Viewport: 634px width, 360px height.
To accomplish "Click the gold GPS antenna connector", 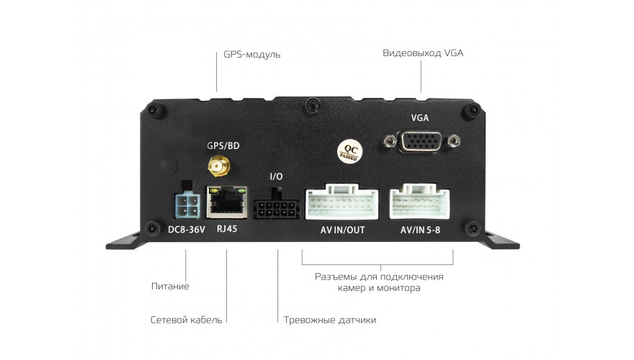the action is click(x=219, y=166).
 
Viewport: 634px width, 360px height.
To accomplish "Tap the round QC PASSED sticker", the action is click(x=349, y=152).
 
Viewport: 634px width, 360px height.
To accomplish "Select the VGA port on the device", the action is click(x=421, y=141).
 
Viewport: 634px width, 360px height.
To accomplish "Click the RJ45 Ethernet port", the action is click(x=226, y=202).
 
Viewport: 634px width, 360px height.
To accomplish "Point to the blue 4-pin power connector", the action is click(x=187, y=205).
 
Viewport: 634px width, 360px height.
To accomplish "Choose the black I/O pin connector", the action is click(x=276, y=207).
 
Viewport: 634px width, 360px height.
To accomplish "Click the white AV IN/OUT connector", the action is click(x=341, y=202).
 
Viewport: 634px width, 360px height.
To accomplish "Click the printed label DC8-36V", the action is click(x=187, y=230).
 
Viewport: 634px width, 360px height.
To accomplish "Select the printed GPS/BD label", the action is click(x=223, y=145).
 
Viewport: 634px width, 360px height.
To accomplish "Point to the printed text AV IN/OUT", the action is click(x=342, y=230).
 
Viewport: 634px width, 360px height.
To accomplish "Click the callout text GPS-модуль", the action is click(x=252, y=54).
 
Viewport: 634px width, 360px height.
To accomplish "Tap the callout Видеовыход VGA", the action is click(x=423, y=53).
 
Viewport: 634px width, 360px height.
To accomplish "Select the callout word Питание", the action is click(x=170, y=286).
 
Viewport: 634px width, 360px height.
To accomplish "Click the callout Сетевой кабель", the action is click(x=187, y=320).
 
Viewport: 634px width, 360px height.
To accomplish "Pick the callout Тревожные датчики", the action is click(x=330, y=320).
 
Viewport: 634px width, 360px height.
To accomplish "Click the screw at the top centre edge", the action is click(x=312, y=105).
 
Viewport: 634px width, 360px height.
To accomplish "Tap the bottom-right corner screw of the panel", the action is click(x=472, y=228).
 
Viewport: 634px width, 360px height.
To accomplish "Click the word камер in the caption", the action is click(x=352, y=288).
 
